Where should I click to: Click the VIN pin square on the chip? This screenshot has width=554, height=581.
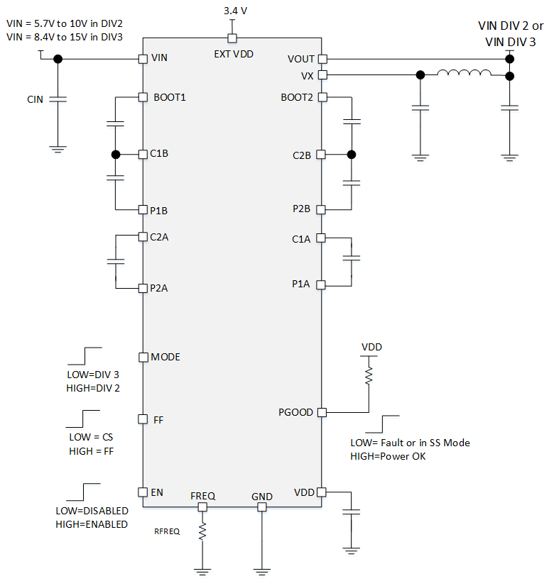pyautogui.click(x=143, y=59)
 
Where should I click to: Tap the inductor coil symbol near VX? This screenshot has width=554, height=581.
pyautogui.click(x=465, y=72)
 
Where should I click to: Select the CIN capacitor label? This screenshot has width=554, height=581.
pyautogui.click(x=36, y=99)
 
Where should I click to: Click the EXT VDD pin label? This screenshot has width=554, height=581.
pyautogui.click(x=234, y=54)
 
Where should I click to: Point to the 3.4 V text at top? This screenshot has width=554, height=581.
pyautogui.click(x=235, y=11)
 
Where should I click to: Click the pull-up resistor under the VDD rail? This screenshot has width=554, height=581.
pyautogui.click(x=369, y=375)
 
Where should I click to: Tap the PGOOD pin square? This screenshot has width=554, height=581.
pyautogui.click(x=322, y=412)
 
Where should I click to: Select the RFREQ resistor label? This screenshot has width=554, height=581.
pyautogui.click(x=167, y=531)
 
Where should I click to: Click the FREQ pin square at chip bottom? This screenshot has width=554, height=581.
pyautogui.click(x=202, y=507)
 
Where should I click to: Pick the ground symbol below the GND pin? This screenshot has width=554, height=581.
pyautogui.click(x=262, y=572)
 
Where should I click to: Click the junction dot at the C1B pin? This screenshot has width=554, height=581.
pyautogui.click(x=116, y=154)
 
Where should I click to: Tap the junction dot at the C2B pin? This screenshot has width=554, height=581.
pyautogui.click(x=352, y=155)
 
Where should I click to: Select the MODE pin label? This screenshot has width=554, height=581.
pyautogui.click(x=165, y=357)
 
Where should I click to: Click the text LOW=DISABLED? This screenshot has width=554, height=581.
pyautogui.click(x=92, y=511)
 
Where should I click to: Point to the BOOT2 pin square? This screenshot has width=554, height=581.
pyautogui.click(x=322, y=97)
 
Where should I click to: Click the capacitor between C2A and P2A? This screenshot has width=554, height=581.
pyautogui.click(x=116, y=262)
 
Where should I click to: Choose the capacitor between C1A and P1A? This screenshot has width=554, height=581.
pyautogui.click(x=352, y=258)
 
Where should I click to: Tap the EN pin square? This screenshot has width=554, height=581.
pyautogui.click(x=143, y=492)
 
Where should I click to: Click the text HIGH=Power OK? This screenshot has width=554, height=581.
pyautogui.click(x=388, y=456)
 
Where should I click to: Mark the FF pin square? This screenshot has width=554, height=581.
pyautogui.click(x=143, y=419)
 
